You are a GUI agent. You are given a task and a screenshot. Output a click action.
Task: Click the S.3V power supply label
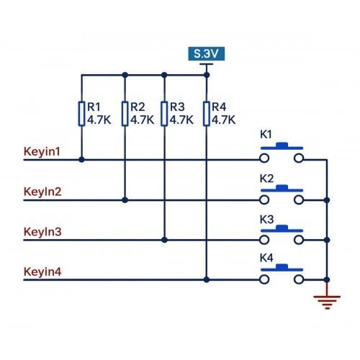(206, 54)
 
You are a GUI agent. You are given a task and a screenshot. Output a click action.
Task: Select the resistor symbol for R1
(81, 114)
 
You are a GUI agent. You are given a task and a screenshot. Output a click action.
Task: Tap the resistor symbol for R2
(125, 114)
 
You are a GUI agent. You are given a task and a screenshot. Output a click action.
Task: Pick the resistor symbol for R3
(164, 114)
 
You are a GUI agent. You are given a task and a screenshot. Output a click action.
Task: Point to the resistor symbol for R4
(207, 114)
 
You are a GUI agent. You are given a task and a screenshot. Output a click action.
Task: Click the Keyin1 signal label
(42, 152)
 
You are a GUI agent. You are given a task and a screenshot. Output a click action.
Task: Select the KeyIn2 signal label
(42, 192)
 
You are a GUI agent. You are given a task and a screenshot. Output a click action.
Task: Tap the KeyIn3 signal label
(42, 232)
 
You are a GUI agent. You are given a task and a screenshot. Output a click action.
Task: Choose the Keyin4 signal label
(42, 271)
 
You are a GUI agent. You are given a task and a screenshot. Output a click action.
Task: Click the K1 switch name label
(266, 135)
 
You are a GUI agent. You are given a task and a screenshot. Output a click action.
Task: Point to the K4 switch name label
(266, 258)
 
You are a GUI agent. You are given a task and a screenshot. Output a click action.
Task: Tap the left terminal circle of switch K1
(264, 158)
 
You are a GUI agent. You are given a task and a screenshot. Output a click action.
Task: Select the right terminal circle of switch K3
(299, 240)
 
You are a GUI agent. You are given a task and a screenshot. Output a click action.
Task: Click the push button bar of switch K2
(282, 189)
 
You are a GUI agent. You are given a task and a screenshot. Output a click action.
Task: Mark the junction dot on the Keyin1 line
(81, 160)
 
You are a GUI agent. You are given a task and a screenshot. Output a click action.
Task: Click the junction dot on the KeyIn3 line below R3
(164, 240)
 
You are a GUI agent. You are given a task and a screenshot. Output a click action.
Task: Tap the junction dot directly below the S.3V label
(207, 75)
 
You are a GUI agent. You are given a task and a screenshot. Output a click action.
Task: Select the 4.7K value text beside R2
(143, 120)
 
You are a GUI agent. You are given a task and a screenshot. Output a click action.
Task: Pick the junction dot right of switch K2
(327, 200)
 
